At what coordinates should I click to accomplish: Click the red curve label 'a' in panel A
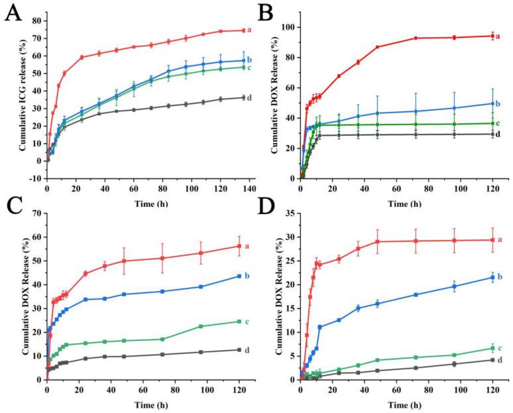coord(251,30)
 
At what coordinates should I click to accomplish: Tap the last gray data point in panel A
coord(243,97)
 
